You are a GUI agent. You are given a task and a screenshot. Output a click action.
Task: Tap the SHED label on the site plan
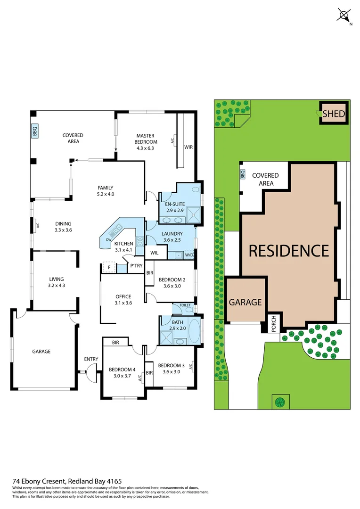click(334, 114)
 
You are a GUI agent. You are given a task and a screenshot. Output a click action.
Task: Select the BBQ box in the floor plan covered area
click(34, 131)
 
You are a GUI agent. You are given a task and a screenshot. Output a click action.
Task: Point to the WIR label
click(188, 147)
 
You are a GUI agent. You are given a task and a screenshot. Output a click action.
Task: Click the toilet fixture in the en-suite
click(196, 189)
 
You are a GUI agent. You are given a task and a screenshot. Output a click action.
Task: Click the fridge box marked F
click(109, 267)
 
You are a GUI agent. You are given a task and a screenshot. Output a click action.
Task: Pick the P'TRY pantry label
click(136, 266)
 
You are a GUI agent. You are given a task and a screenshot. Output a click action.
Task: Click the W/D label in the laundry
click(189, 255)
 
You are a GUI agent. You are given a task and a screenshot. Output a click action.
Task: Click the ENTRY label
click(91, 359)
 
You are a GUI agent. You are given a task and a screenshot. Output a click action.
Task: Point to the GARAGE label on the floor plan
click(41, 351)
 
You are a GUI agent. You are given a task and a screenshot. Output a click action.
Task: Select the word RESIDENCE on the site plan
click(288, 250)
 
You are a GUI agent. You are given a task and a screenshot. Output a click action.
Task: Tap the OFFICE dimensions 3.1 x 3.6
click(123, 303)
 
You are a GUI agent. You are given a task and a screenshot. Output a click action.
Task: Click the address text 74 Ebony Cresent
click(40, 481)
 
